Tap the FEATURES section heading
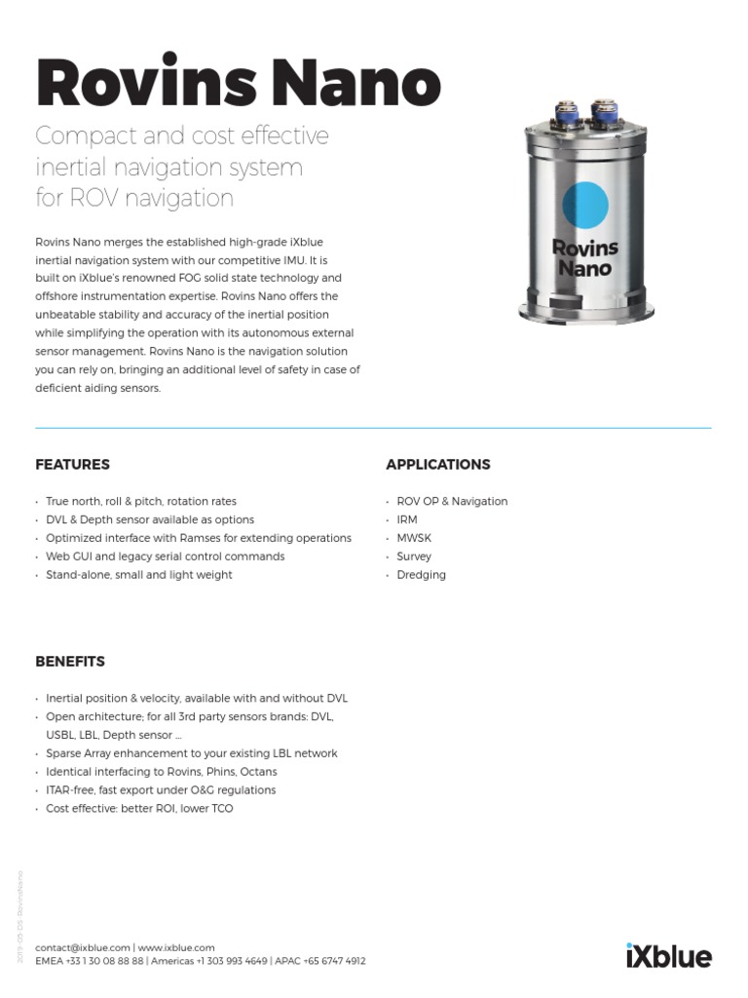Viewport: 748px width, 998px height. click(72, 465)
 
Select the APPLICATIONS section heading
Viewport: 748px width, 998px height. click(438, 465)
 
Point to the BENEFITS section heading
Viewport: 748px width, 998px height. click(70, 662)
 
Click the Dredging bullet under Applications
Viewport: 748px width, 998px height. click(421, 575)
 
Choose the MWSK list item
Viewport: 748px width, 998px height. click(415, 538)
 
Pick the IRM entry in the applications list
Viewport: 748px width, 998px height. click(407, 519)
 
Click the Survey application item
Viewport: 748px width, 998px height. click(414, 557)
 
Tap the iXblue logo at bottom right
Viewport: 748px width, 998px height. click(668, 955)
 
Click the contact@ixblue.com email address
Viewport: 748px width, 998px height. click(83, 947)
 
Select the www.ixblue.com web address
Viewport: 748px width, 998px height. click(176, 947)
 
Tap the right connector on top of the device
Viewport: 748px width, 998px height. click(604, 108)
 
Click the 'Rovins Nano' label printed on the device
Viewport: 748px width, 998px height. click(585, 257)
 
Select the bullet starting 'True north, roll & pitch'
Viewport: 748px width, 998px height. click(141, 501)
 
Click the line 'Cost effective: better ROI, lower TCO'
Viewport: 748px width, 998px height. click(139, 809)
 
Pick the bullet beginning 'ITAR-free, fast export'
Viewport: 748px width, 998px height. click(161, 790)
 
